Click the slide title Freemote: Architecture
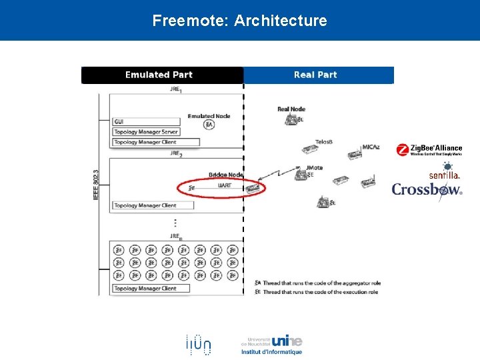click(239, 21)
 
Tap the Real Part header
click(315, 75)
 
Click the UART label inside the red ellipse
click(225, 186)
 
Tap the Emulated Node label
click(209, 116)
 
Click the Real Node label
click(291, 109)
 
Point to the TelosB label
click(323, 142)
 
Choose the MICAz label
click(371, 147)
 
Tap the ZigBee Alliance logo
click(429, 150)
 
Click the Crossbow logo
click(427, 189)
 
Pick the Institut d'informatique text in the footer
click(271, 352)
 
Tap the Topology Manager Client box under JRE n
click(151, 289)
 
